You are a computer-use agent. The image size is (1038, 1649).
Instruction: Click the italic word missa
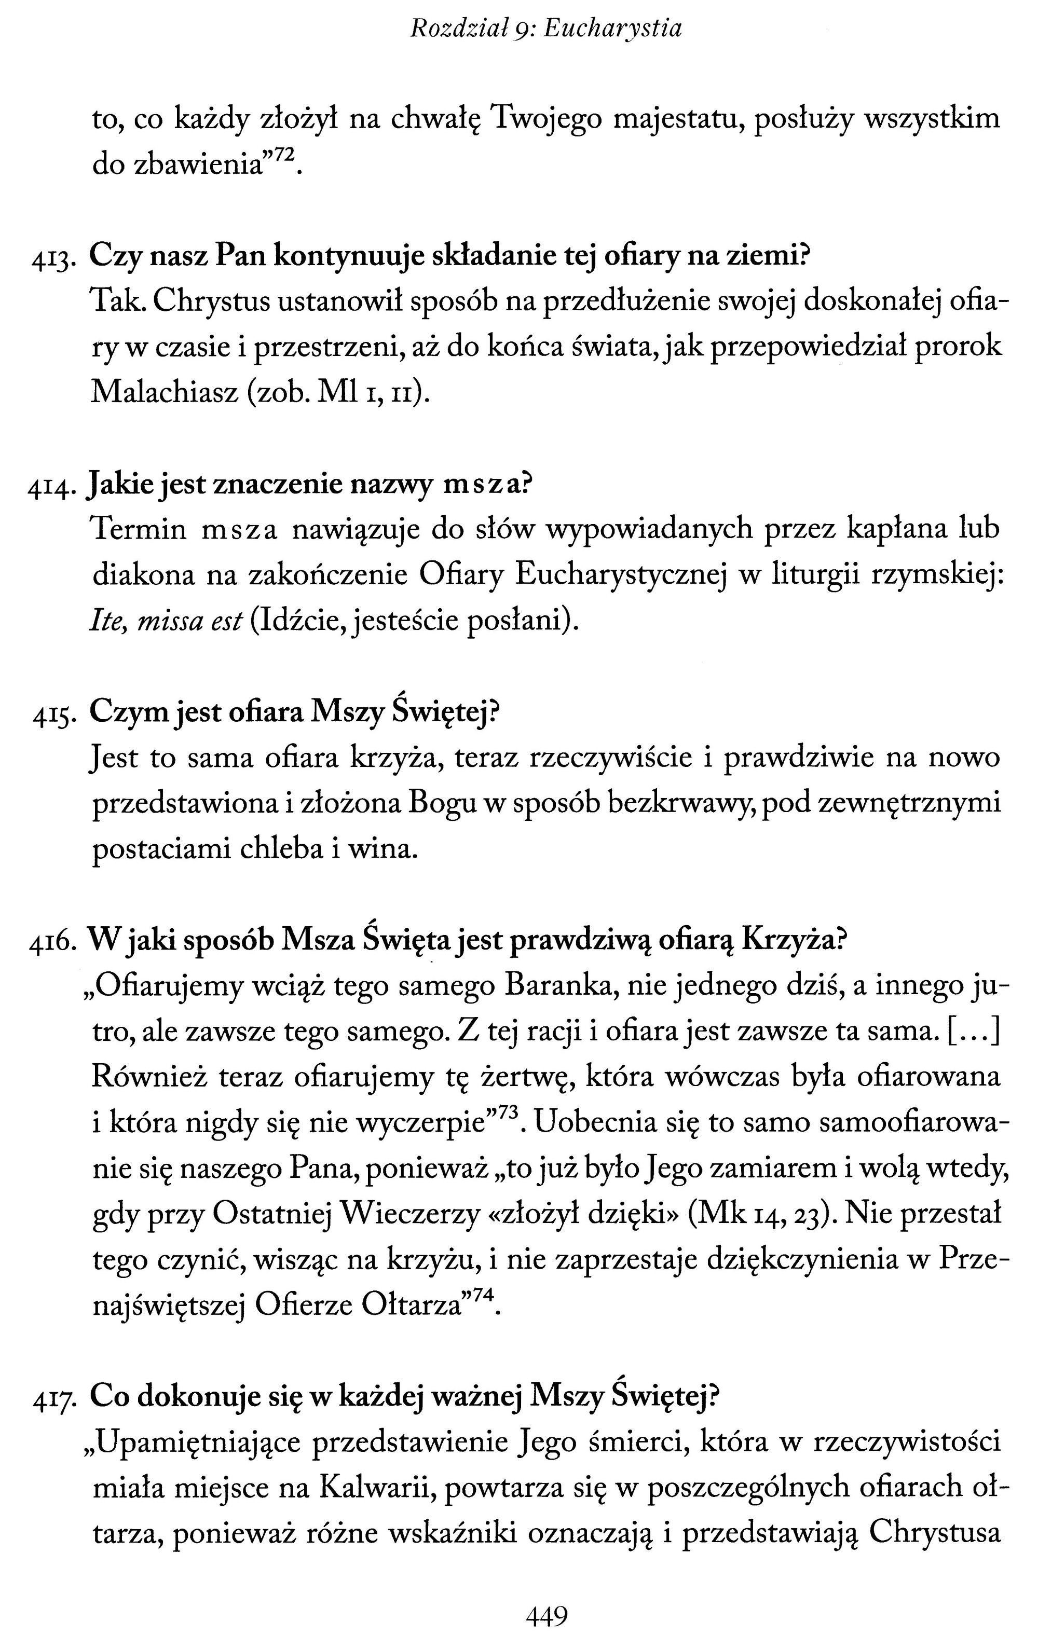pyautogui.click(x=171, y=621)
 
